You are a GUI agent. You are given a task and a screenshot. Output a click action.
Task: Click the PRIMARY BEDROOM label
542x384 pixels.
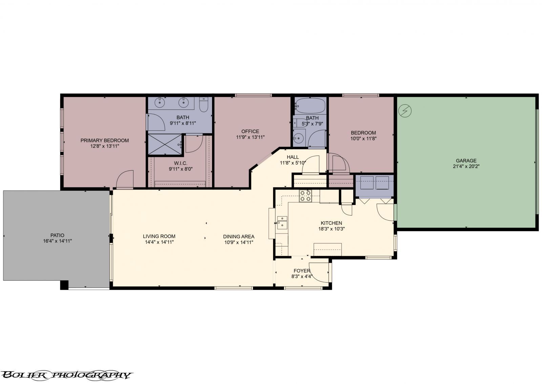click(104, 140)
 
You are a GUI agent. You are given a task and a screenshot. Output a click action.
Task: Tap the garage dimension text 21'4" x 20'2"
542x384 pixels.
click(466, 166)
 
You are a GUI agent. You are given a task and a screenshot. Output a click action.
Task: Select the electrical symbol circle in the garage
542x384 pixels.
click(405, 110)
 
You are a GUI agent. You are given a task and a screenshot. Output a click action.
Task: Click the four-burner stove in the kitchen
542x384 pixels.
click(305, 196)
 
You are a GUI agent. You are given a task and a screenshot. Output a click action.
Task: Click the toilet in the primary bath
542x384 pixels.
click(203, 105)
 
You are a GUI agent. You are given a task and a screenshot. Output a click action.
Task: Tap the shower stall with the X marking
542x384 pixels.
click(165, 144)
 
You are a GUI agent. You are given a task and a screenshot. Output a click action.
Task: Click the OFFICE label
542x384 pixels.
click(250, 132)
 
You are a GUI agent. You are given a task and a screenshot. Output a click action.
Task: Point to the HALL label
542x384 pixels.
click(293, 157)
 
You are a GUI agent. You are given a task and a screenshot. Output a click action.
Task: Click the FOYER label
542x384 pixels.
click(302, 271)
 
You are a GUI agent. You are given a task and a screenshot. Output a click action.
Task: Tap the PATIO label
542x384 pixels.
click(57, 235)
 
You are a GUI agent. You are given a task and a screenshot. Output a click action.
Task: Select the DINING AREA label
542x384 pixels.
click(238, 237)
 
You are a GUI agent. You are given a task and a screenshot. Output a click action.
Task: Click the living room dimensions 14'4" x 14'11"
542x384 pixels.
click(159, 242)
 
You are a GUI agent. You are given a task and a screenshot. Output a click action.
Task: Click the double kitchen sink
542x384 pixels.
click(282, 222)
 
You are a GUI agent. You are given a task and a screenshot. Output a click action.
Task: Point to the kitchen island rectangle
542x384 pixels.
click(327, 249)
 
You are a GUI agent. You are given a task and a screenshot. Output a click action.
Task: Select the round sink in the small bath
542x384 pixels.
click(298, 138)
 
